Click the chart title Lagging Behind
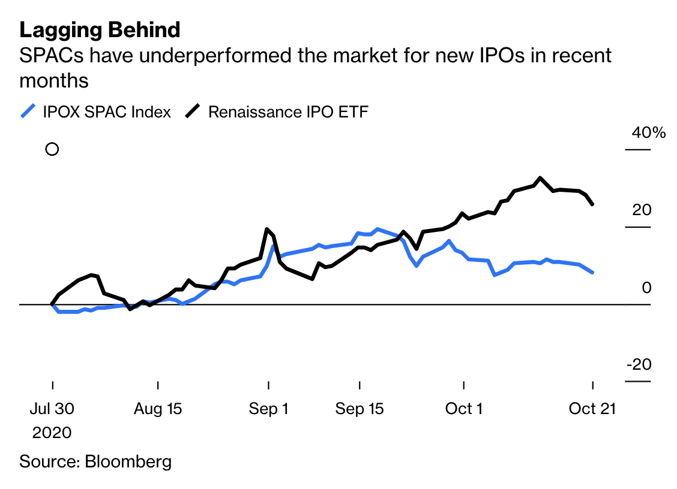[x=100, y=29]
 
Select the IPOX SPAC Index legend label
[x=107, y=111]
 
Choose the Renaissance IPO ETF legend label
[x=288, y=111]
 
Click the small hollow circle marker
[x=52, y=149]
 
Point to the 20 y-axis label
[x=642, y=210]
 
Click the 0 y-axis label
[x=646, y=288]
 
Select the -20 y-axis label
[x=639, y=365]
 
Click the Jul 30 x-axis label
[x=52, y=409]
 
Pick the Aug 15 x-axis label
[x=158, y=409]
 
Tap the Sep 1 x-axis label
[x=268, y=409]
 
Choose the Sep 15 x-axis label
[x=360, y=409]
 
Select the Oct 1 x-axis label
[x=464, y=409]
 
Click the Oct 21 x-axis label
[x=592, y=409]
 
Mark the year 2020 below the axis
[x=52, y=433]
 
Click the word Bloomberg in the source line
[x=128, y=461]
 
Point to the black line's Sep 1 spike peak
[x=266, y=230]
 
